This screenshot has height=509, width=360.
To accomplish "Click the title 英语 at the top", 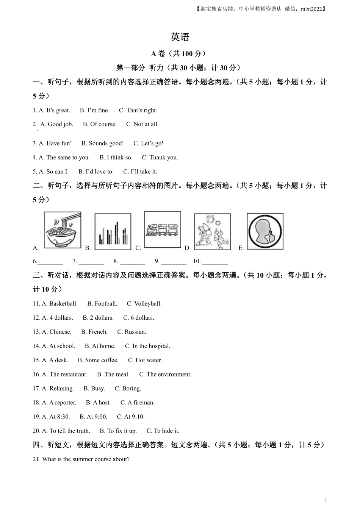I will pyautogui.click(x=180, y=37).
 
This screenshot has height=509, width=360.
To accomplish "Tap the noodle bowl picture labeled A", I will pyautogui.click(x=63, y=230).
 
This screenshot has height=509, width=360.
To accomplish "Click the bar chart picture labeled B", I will pyautogui.click(x=113, y=231).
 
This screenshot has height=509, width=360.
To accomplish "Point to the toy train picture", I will pyautogui.click(x=162, y=230).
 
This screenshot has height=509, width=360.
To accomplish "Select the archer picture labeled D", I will pyautogui.click(x=212, y=231).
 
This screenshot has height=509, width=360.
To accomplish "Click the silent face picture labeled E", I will pyautogui.click(x=265, y=231).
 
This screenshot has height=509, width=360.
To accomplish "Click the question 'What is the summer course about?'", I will pyautogui.click(x=86, y=459).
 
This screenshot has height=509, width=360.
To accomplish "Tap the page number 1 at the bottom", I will pyautogui.click(x=326, y=500).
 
